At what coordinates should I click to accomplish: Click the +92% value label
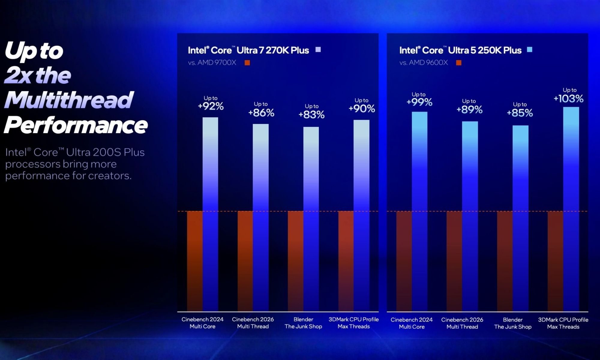(x=211, y=106)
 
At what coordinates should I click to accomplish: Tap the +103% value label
(x=568, y=99)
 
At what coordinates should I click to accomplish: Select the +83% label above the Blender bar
(x=311, y=115)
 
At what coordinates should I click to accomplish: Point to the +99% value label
(x=419, y=102)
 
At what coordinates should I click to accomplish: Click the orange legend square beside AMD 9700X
(x=247, y=63)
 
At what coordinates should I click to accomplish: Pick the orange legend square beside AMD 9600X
(x=458, y=63)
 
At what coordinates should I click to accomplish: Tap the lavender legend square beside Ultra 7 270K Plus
(x=318, y=50)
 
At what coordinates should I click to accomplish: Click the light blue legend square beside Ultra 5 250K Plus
(x=529, y=50)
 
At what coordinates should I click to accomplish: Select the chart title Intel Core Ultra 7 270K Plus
(x=248, y=50)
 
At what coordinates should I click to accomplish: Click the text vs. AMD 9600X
(x=423, y=63)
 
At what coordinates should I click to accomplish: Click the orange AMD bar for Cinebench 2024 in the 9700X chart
(x=195, y=261)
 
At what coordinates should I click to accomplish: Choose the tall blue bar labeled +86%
(x=260, y=216)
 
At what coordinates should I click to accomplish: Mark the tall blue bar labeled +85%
(x=520, y=216)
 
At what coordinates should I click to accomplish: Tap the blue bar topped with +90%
(x=361, y=216)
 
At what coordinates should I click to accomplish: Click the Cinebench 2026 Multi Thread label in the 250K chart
(x=462, y=323)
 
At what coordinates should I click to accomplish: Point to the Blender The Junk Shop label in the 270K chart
(x=303, y=323)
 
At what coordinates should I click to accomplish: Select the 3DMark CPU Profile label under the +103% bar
(x=563, y=323)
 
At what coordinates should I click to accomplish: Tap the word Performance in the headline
(x=76, y=125)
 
